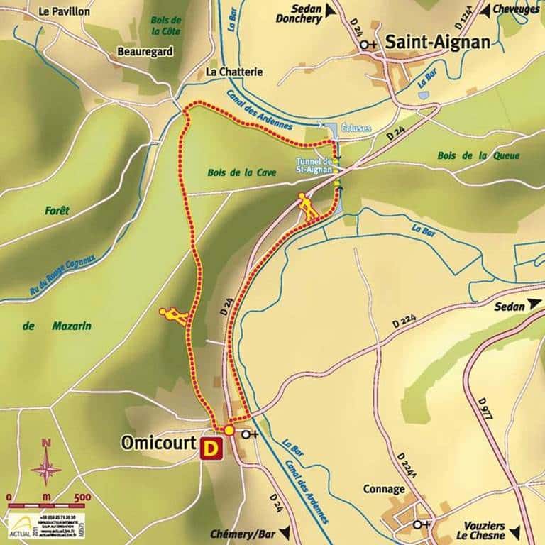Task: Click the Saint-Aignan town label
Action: [437, 43]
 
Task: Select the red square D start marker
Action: [211, 448]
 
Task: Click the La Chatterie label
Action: [233, 72]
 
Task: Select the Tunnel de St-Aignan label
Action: [314, 165]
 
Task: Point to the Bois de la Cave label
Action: [242, 172]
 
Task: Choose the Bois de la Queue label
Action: [479, 155]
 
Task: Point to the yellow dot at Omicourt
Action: [229, 430]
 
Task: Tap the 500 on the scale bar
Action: [82, 496]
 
